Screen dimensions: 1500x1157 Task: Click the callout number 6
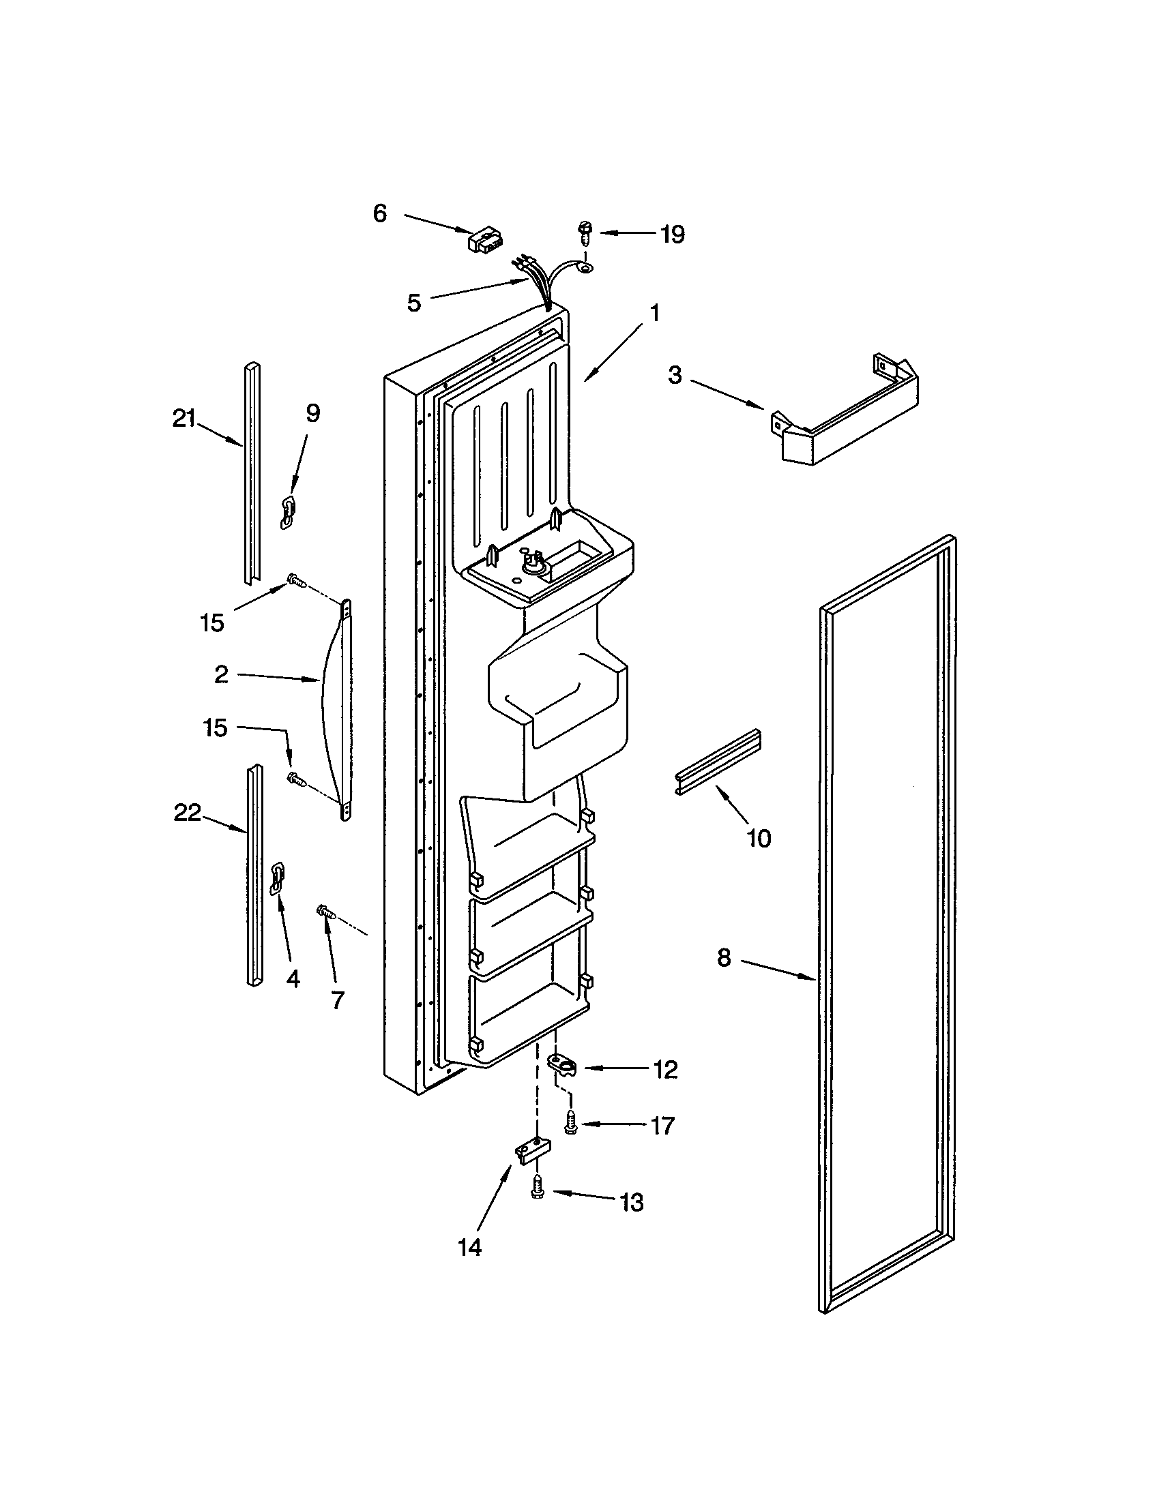380,213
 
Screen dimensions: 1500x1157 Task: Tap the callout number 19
673,235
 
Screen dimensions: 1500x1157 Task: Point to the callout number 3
675,376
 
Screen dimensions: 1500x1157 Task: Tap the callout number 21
184,418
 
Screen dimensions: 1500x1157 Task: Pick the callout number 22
187,813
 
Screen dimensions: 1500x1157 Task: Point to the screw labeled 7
325,912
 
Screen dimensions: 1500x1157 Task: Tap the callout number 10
759,838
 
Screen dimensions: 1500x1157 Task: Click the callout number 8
724,958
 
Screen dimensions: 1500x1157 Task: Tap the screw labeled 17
570,1122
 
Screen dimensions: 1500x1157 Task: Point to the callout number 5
413,303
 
